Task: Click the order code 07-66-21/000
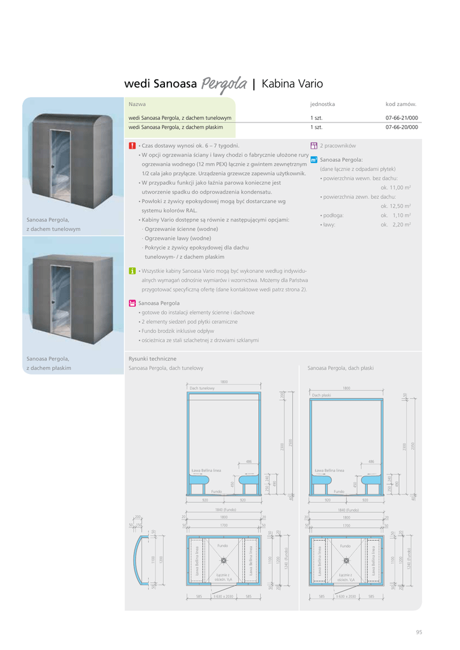[x=402, y=118]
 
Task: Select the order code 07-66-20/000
[x=402, y=127]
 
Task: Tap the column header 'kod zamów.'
[x=401, y=103]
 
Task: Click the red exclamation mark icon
[x=132, y=146]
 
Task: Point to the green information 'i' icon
[x=132, y=271]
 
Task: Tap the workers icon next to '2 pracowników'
[x=314, y=146]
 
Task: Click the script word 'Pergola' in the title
[x=224, y=84]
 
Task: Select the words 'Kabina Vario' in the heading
[x=292, y=84]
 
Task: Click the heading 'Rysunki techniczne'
[x=152, y=359]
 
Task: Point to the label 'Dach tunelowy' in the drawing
[x=202, y=388]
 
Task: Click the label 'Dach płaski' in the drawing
[x=322, y=395]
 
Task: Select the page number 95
[x=419, y=632]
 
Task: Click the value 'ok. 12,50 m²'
[x=396, y=206]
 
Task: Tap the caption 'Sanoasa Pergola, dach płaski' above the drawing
[x=341, y=368]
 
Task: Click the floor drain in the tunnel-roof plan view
[x=223, y=560]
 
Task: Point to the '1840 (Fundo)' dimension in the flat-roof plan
[x=346, y=510]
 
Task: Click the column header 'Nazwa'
[x=137, y=103]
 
